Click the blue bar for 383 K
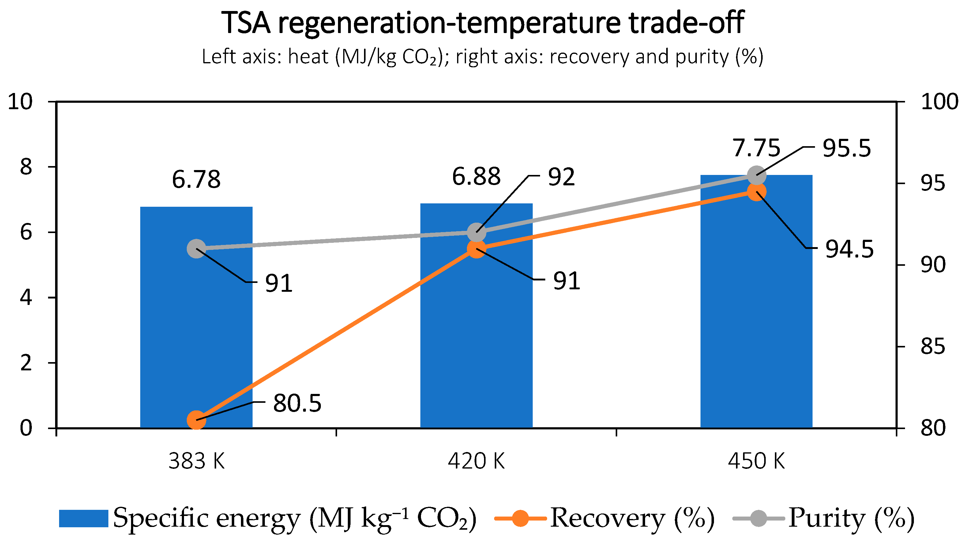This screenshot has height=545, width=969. tap(196, 317)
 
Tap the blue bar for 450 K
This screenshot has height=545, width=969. tap(756, 302)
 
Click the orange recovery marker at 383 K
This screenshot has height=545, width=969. tap(196, 420)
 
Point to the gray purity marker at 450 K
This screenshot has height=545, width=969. tap(756, 176)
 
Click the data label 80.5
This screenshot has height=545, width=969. tap(297, 403)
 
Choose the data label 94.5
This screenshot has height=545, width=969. tap(849, 249)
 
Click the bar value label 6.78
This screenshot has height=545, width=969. tap(196, 179)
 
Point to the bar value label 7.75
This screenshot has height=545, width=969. tap(756, 148)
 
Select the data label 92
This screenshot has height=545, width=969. tap(561, 177)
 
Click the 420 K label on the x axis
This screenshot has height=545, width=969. tap(476, 461)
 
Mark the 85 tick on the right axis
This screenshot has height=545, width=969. tap(933, 347)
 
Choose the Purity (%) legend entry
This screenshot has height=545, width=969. tap(824, 519)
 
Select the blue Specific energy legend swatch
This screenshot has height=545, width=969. tap(84, 519)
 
